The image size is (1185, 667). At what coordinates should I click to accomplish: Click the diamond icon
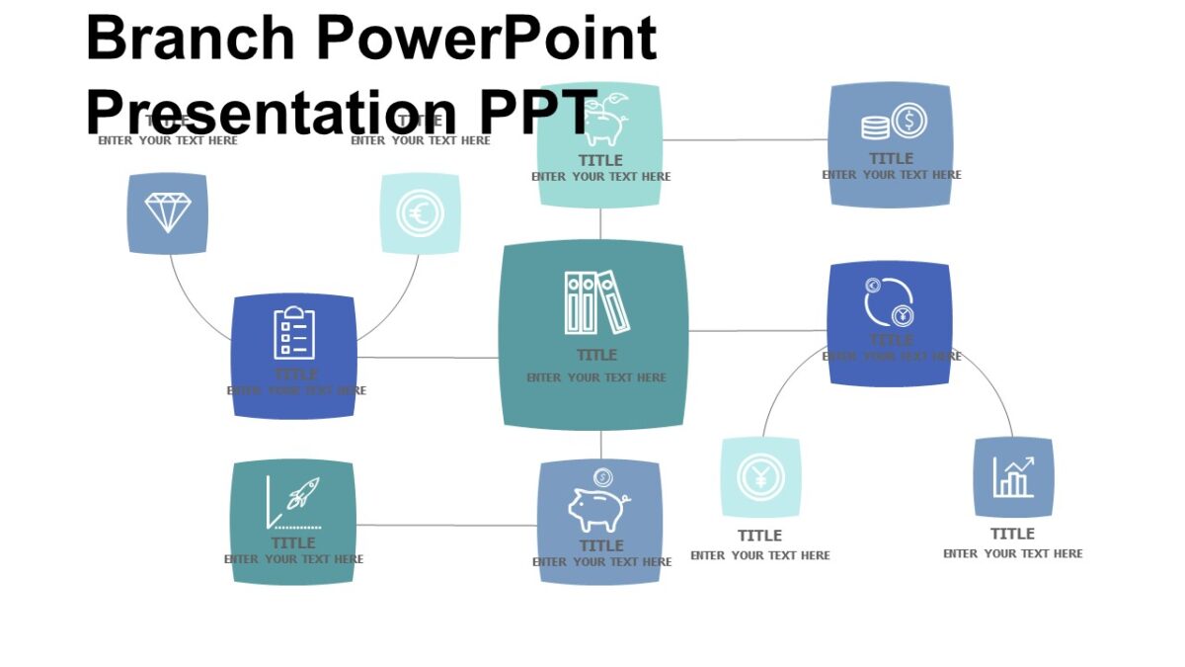pos(168,212)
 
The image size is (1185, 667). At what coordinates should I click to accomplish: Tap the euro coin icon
pos(421,213)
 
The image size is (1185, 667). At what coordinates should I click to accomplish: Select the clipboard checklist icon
pos(294,333)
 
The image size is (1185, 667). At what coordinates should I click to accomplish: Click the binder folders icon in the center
pos(596,302)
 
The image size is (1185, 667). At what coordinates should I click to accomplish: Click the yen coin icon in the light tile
pos(760,478)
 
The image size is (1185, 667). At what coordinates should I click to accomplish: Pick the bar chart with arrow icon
pos(1013,477)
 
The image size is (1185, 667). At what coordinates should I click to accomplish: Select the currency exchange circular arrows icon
pos(889,301)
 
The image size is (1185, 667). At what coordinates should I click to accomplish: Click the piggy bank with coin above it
pos(599,503)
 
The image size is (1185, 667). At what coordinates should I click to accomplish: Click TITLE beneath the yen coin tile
pos(759,536)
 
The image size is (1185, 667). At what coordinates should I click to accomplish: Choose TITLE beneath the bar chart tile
pos(1012,534)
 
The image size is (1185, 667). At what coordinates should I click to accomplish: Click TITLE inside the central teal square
pos(596,355)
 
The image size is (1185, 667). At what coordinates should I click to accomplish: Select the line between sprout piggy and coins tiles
pos(746,140)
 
